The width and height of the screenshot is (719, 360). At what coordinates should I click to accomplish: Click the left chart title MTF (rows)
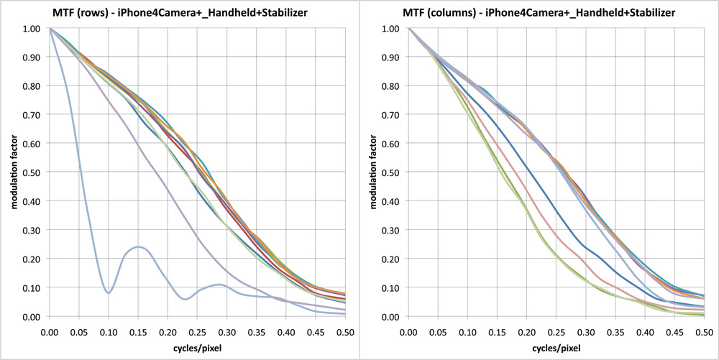[179, 13]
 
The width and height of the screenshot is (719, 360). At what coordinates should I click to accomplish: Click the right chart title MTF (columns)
[539, 13]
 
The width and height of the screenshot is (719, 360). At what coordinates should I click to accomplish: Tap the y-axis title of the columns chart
[372, 172]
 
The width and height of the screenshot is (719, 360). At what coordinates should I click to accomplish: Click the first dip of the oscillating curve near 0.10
[109, 292]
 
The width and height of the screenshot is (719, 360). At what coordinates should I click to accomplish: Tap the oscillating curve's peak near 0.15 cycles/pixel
[137, 247]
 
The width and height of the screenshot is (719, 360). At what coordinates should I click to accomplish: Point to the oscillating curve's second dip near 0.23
[186, 298]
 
